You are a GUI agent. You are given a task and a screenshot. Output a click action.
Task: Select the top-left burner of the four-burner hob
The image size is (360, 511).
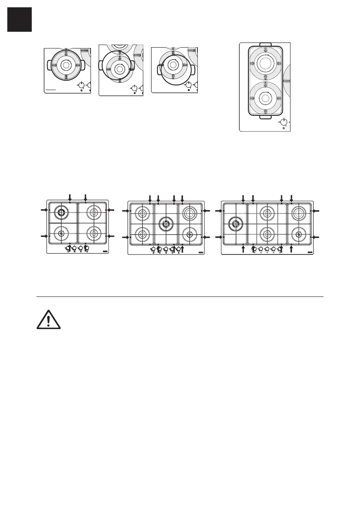[x=61, y=212]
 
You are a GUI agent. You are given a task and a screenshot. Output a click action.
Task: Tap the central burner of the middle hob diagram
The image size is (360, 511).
[x=166, y=223]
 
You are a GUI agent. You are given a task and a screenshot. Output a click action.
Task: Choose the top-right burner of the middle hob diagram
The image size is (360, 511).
[x=189, y=212]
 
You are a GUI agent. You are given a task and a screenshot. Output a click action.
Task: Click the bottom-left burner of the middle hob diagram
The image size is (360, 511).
[x=141, y=234]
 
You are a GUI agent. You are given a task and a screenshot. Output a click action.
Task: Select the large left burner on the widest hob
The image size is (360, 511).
[x=235, y=223]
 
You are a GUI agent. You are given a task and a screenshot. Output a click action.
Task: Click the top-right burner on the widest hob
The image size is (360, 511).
[x=298, y=213]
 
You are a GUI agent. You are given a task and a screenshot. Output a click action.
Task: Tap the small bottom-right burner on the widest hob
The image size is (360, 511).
[x=298, y=234]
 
